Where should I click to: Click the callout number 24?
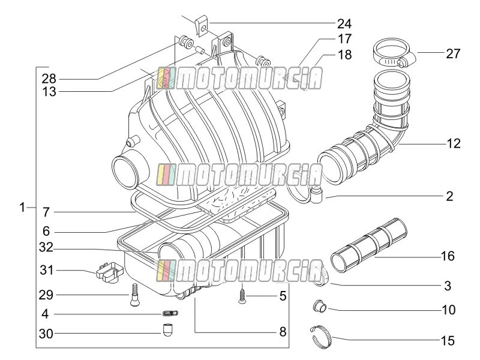tap(344, 24)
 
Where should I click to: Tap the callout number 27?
tap(453, 53)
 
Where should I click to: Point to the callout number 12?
tap(454, 143)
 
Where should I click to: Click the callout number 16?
tap(448, 256)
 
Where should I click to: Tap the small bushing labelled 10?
tap(320, 305)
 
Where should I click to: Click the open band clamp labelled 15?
tap(322, 337)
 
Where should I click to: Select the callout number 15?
tap(448, 340)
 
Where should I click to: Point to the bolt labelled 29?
tap(134, 295)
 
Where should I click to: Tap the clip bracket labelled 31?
tap(109, 271)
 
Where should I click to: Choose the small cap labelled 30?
tap(167, 330)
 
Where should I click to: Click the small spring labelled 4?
tap(170, 313)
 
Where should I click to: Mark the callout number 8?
tap(283, 332)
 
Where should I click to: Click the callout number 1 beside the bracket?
tap(22, 207)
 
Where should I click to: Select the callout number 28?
tap(49, 79)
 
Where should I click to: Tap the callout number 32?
tap(46, 247)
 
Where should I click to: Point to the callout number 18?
tap(344, 55)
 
